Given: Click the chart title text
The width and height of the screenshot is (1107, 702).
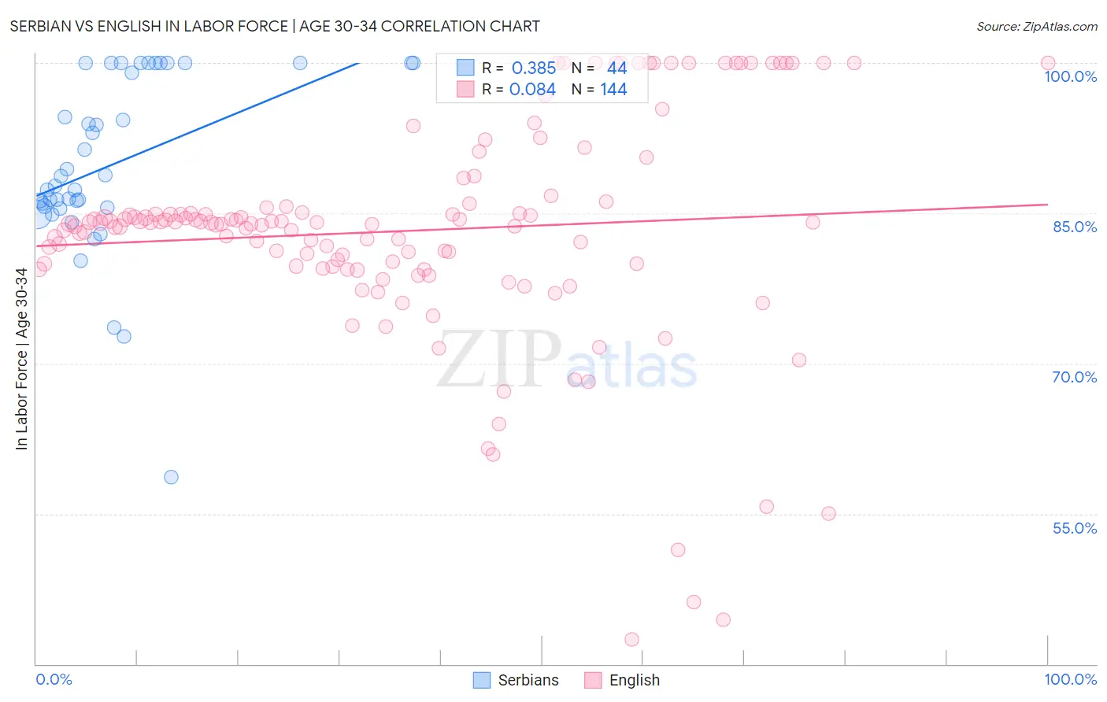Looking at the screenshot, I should click(275, 26).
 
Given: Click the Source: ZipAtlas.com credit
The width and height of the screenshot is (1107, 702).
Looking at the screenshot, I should click(1036, 26).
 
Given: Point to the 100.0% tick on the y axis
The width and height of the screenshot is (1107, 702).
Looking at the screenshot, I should click(1070, 76).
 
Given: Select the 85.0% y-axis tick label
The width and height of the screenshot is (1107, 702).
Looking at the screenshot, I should click(1075, 227).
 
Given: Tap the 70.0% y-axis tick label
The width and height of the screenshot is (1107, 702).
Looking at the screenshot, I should click(1074, 377).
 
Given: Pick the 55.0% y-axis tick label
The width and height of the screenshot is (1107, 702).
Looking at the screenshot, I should click(1074, 528).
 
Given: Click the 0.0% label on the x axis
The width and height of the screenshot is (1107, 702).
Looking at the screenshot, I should click(54, 679).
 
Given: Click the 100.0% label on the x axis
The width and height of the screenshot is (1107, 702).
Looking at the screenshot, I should click(1070, 679).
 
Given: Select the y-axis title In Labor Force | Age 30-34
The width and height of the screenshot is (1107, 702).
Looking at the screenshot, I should click(21, 359).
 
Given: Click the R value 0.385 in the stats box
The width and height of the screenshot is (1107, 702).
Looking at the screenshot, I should click(533, 68).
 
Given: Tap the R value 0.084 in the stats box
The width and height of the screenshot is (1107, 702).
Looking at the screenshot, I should click(532, 90).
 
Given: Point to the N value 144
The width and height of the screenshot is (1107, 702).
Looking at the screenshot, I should click(613, 90).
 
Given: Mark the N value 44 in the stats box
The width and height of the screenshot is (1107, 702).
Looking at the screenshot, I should click(616, 68).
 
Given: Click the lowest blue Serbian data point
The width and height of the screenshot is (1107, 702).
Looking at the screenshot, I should click(171, 477).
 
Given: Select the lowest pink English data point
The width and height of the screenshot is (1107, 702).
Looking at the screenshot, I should click(631, 640).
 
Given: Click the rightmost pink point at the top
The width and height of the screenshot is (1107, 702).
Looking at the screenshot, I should click(1048, 63).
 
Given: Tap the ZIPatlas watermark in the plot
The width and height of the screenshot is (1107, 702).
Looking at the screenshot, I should click(567, 360).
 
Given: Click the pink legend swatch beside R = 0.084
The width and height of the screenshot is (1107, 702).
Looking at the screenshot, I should click(465, 90).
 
